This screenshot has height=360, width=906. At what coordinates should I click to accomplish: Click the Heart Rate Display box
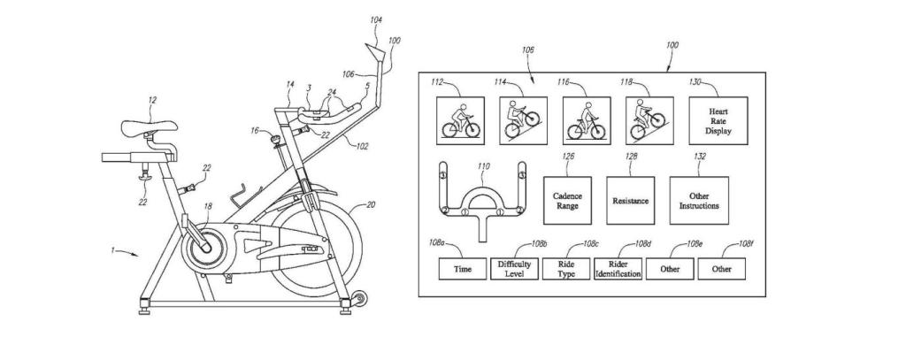718,119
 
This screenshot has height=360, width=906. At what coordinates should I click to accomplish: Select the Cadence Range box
566,200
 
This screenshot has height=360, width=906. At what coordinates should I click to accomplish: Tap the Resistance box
630,200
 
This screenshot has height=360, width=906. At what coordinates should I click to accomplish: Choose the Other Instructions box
699,200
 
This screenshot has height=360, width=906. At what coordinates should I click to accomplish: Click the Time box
462,268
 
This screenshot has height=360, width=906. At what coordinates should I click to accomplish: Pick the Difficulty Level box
514,268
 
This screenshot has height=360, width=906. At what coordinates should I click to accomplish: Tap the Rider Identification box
618,268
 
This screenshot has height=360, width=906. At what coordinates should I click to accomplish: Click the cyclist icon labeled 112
462,119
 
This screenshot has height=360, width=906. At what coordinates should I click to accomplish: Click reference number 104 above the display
377,19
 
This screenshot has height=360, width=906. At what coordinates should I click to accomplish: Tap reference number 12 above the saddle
151,101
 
